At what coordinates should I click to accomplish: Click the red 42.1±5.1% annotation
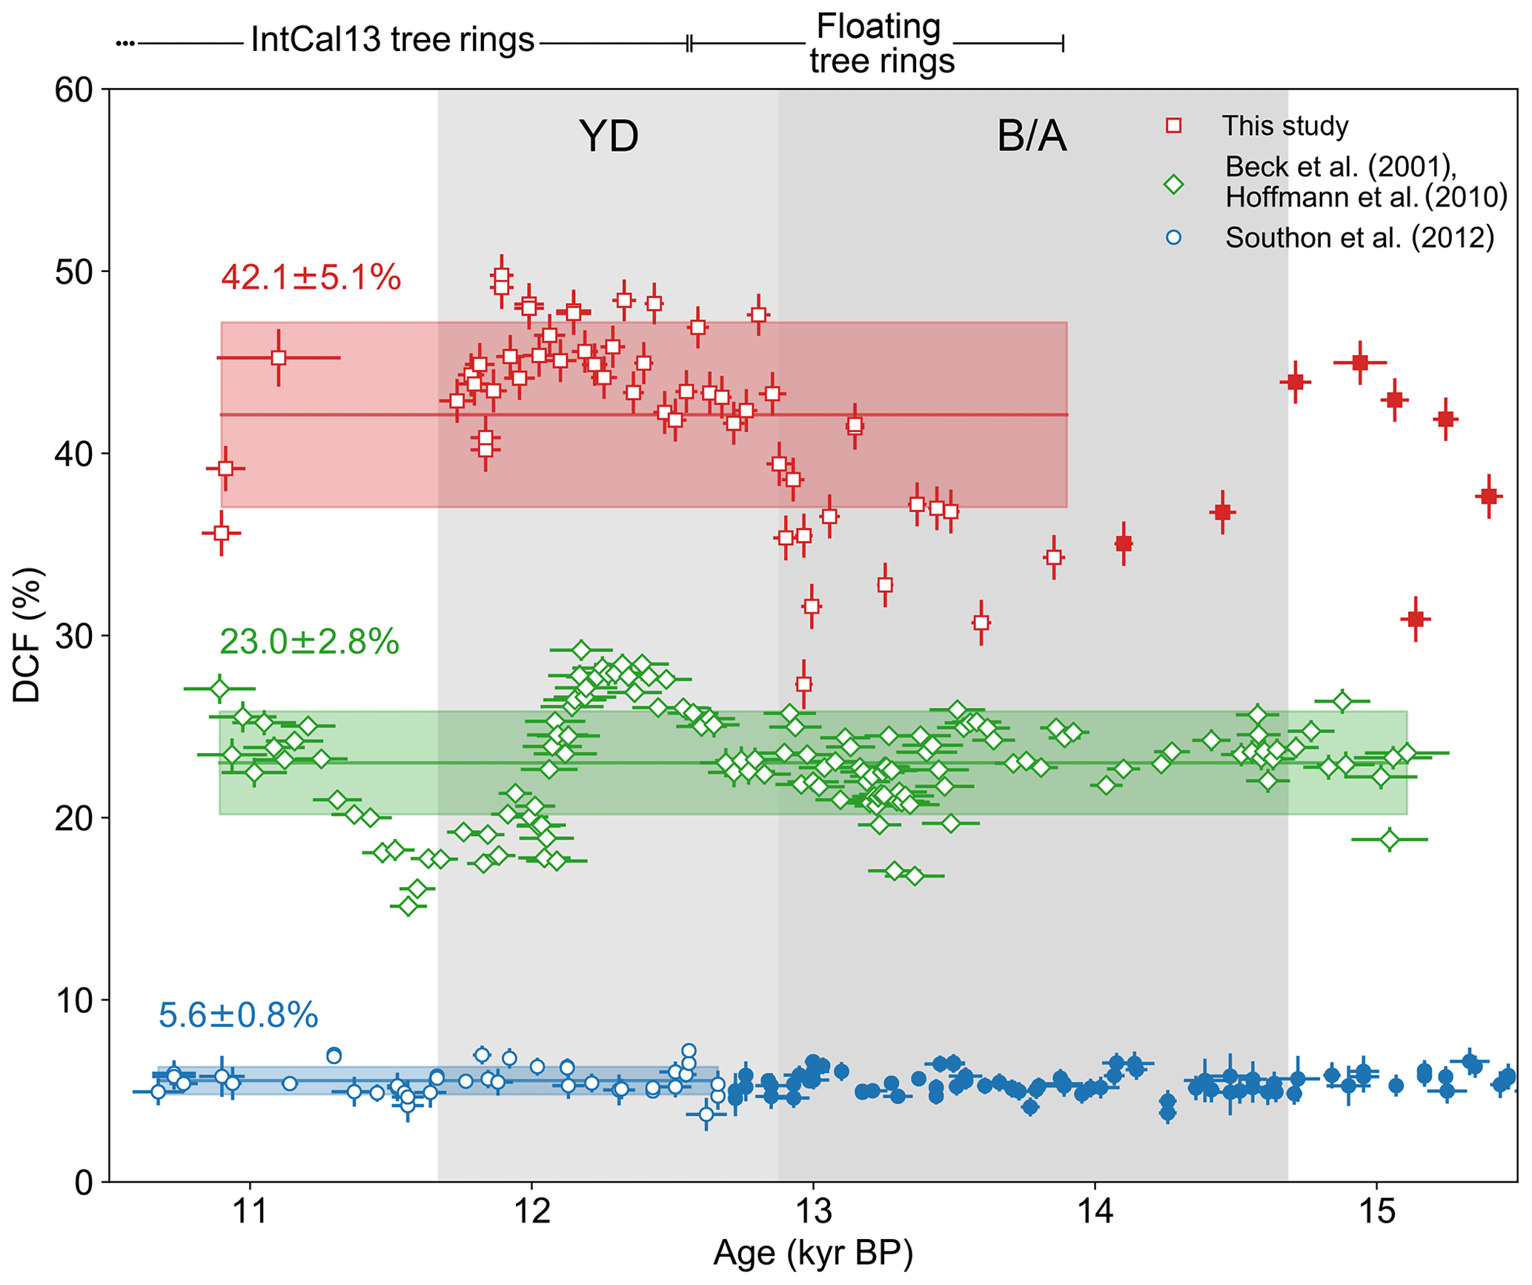coord(311,279)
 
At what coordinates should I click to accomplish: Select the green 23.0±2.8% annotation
coord(309,642)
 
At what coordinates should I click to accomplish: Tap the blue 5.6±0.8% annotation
coord(238,1015)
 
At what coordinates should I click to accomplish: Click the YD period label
coord(609,136)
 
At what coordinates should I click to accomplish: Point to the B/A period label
coord(1032,136)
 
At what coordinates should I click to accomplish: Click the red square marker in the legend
coord(1173,126)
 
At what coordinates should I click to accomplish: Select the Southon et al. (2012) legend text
coord(1359,238)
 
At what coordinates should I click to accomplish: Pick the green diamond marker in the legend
coord(1173,184)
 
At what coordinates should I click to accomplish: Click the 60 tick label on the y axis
coord(73,90)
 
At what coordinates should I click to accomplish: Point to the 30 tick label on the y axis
coord(73,636)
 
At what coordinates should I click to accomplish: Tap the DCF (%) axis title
coord(28,636)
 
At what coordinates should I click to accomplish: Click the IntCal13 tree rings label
coord(392,41)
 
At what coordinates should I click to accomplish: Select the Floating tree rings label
coord(881,44)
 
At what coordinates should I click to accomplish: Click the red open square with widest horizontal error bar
coord(279,358)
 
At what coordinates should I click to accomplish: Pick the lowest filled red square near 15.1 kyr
coord(1416,618)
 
